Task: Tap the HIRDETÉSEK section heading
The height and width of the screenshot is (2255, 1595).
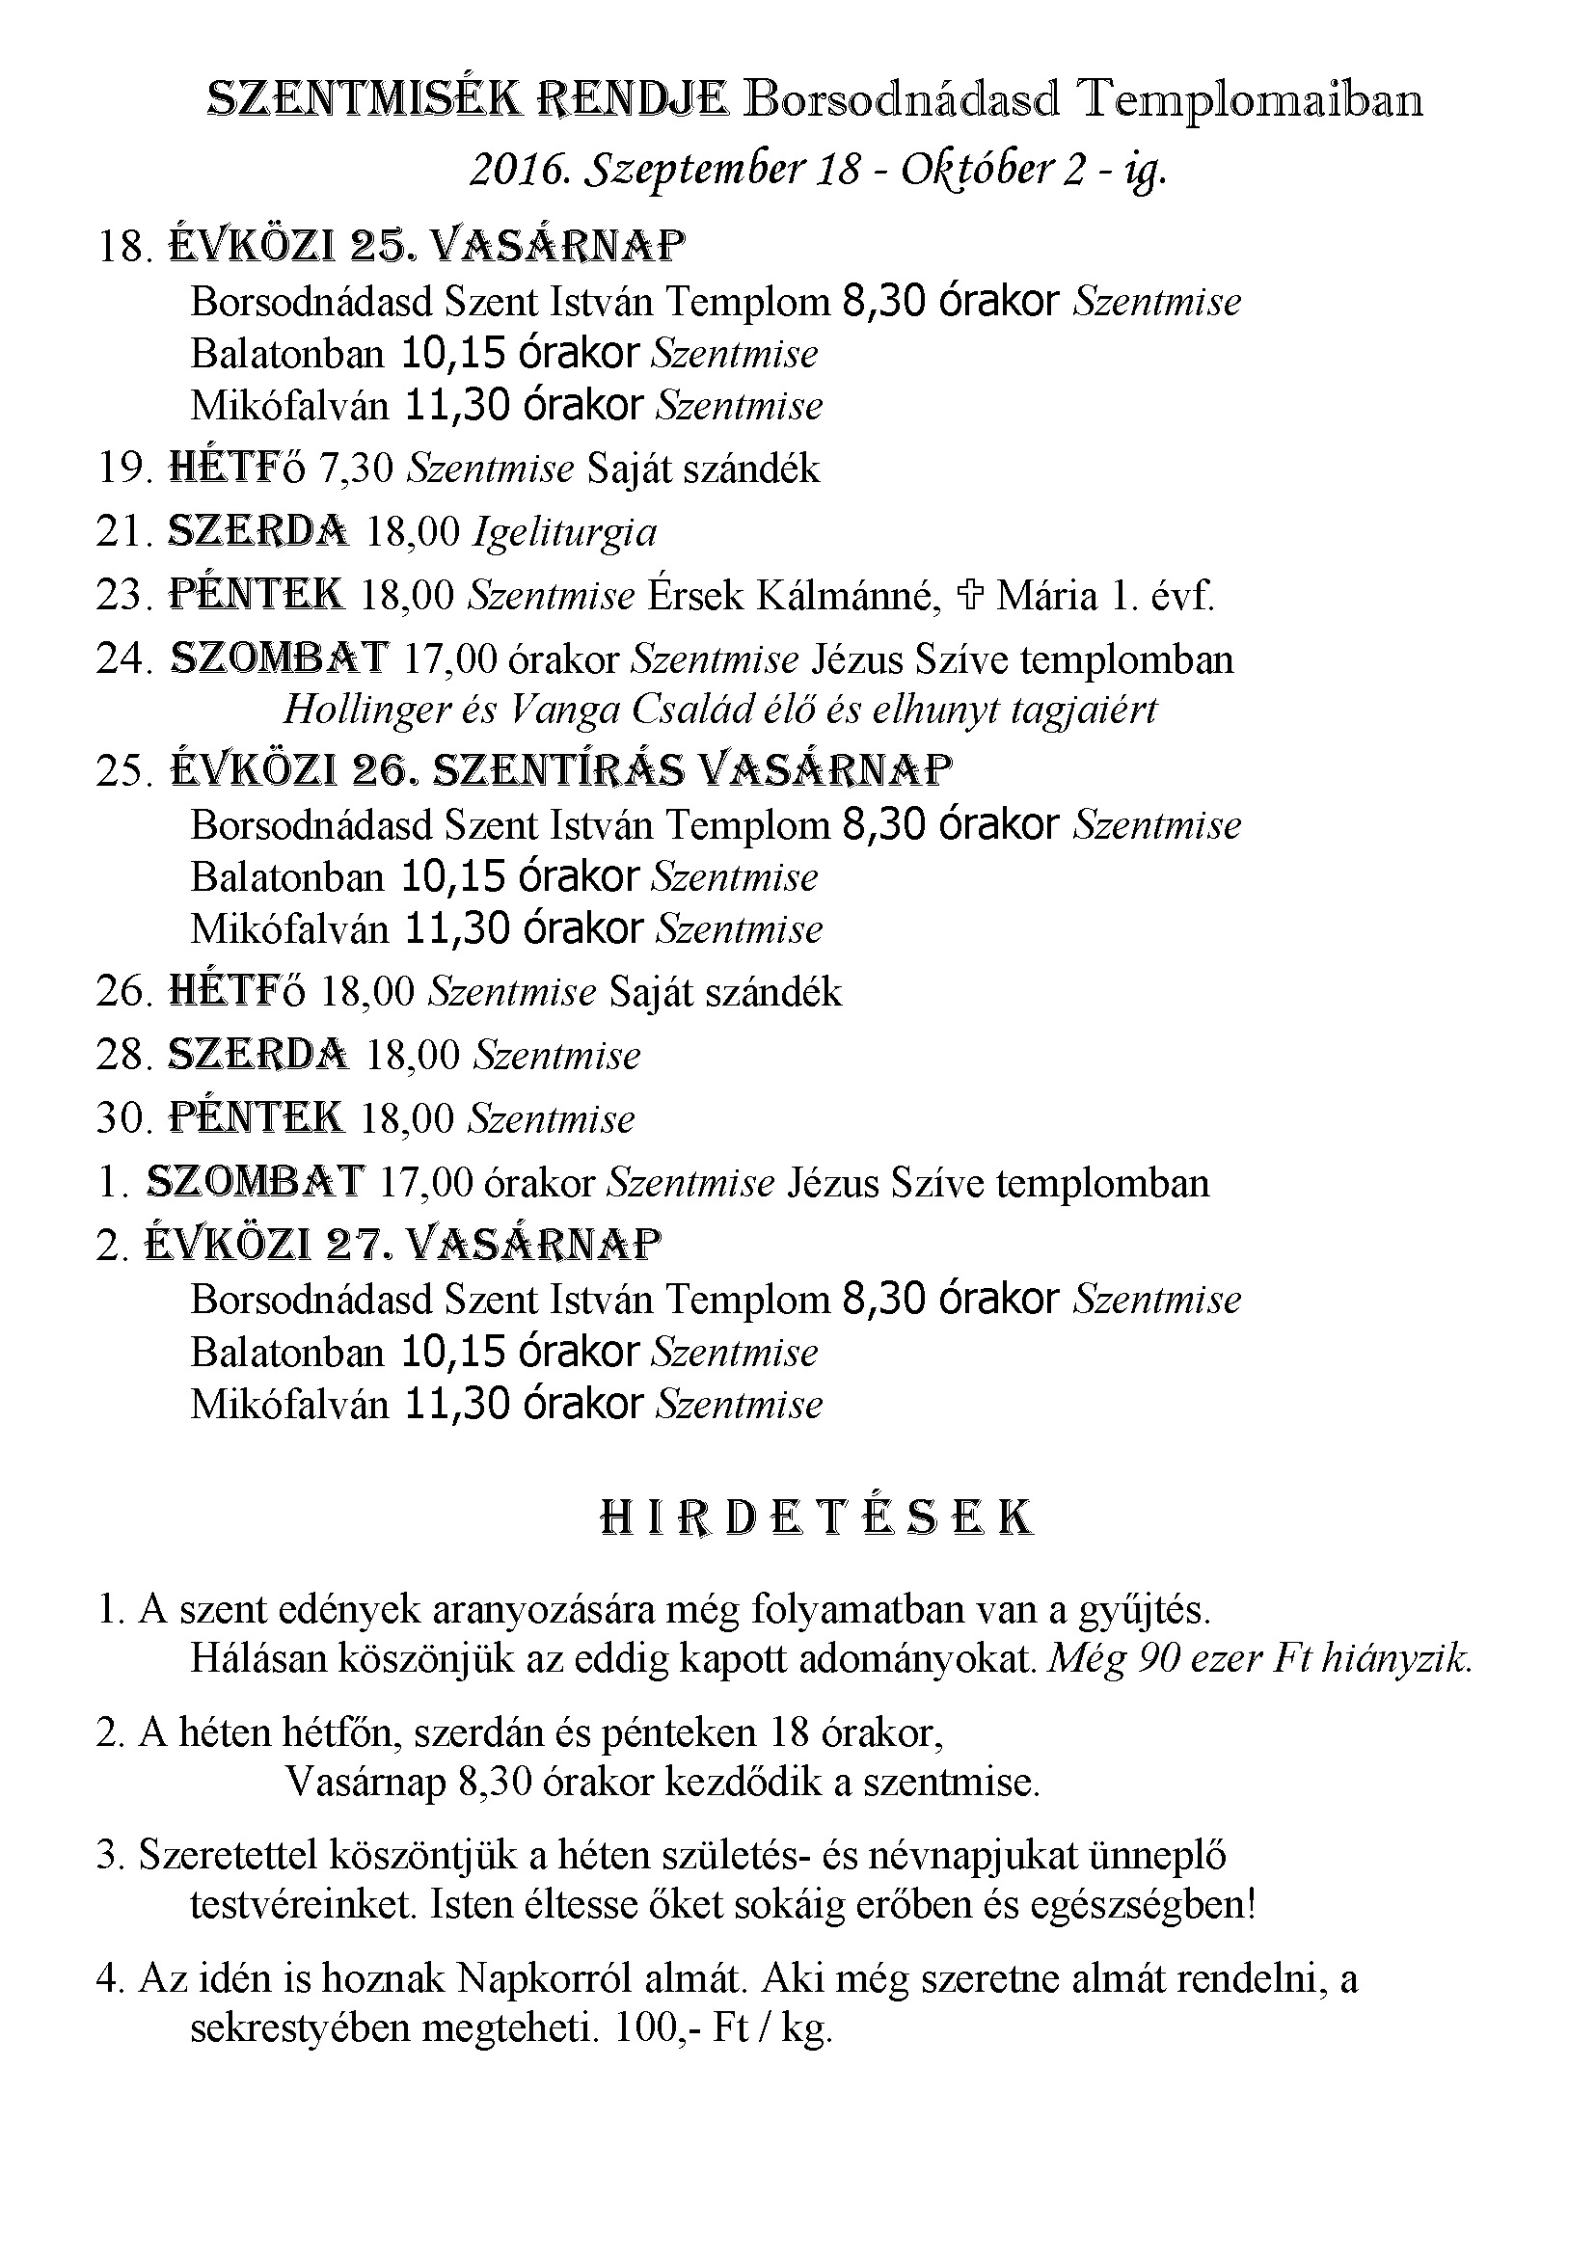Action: (x=816, y=1518)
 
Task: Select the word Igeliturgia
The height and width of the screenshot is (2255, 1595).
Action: (x=566, y=532)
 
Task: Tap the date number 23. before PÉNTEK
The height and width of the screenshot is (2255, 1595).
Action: (x=124, y=595)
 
